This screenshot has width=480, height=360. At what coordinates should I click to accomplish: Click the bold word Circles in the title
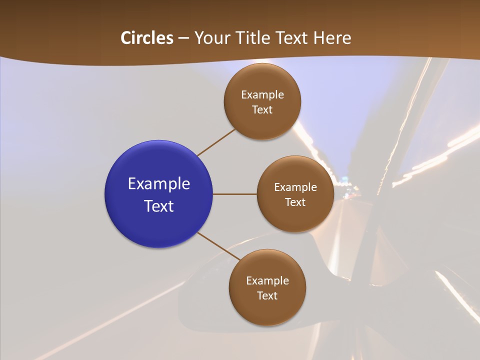[147, 38]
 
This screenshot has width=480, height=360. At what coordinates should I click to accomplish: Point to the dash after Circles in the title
[183, 38]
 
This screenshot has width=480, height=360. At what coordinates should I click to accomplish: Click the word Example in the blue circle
[159, 184]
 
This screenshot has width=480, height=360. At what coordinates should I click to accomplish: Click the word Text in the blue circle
[159, 206]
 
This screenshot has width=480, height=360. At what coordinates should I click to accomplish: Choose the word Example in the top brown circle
[262, 95]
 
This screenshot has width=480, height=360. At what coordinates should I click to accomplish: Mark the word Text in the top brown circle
[262, 110]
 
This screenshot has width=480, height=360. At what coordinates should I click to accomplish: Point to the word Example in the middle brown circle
[295, 187]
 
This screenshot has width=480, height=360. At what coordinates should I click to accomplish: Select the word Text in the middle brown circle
[295, 202]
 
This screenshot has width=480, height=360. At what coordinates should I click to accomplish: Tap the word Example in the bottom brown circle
[267, 281]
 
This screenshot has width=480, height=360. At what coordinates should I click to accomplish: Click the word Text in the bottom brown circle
[267, 295]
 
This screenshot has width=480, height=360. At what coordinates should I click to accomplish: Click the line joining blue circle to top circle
[216, 142]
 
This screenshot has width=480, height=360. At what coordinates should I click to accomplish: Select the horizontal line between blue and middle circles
[234, 194]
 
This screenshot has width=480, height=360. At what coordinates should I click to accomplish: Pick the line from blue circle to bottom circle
[219, 245]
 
